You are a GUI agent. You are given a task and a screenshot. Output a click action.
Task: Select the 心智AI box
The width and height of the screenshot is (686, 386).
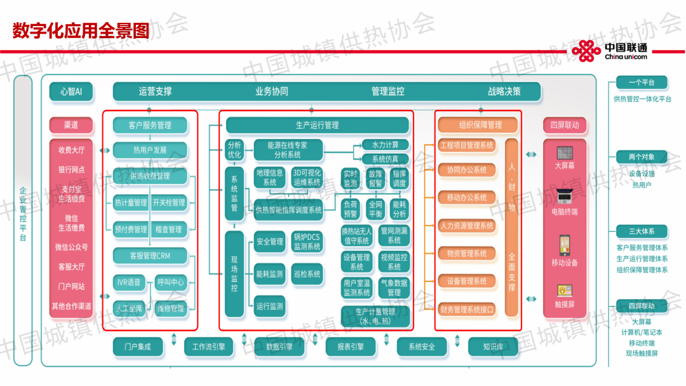71,91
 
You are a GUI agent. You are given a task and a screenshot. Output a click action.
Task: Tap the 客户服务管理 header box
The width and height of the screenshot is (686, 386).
150,125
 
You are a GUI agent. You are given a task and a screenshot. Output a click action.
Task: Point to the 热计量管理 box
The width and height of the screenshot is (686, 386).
131,203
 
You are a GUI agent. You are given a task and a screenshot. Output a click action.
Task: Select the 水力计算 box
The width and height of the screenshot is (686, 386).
385,145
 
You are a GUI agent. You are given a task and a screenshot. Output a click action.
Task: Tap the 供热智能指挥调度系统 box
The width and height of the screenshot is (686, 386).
288,210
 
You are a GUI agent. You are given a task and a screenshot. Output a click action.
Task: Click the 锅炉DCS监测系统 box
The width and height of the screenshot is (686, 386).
307,242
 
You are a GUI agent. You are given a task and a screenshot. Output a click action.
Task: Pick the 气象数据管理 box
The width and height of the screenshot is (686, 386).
394,288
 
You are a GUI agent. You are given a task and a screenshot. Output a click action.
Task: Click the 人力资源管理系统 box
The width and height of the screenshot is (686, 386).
467,225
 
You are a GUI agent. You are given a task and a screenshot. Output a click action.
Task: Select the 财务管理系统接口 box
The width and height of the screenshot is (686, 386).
467,310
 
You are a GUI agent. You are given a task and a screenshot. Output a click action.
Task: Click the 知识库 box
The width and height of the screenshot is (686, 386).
493,347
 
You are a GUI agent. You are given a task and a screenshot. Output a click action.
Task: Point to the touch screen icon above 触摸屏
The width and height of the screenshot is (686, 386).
564,291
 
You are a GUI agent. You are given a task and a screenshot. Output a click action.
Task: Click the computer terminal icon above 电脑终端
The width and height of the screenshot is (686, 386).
564,196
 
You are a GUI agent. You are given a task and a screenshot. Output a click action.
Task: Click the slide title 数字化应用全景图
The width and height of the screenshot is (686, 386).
81,30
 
